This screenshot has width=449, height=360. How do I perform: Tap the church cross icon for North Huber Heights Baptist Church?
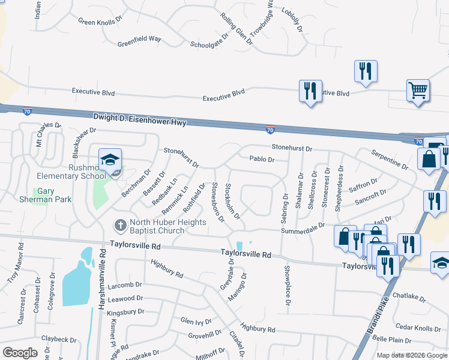(x=119, y=226)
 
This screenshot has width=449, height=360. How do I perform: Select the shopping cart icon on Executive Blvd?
(x=417, y=91)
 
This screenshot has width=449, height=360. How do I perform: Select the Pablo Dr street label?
(x=262, y=160)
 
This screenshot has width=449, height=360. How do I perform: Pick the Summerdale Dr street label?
(x=303, y=228)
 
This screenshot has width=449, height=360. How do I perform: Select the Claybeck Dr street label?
(x=59, y=339)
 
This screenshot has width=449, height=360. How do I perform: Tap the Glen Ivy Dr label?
(x=196, y=321)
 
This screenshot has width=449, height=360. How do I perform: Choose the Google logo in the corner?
(x=20, y=352)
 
